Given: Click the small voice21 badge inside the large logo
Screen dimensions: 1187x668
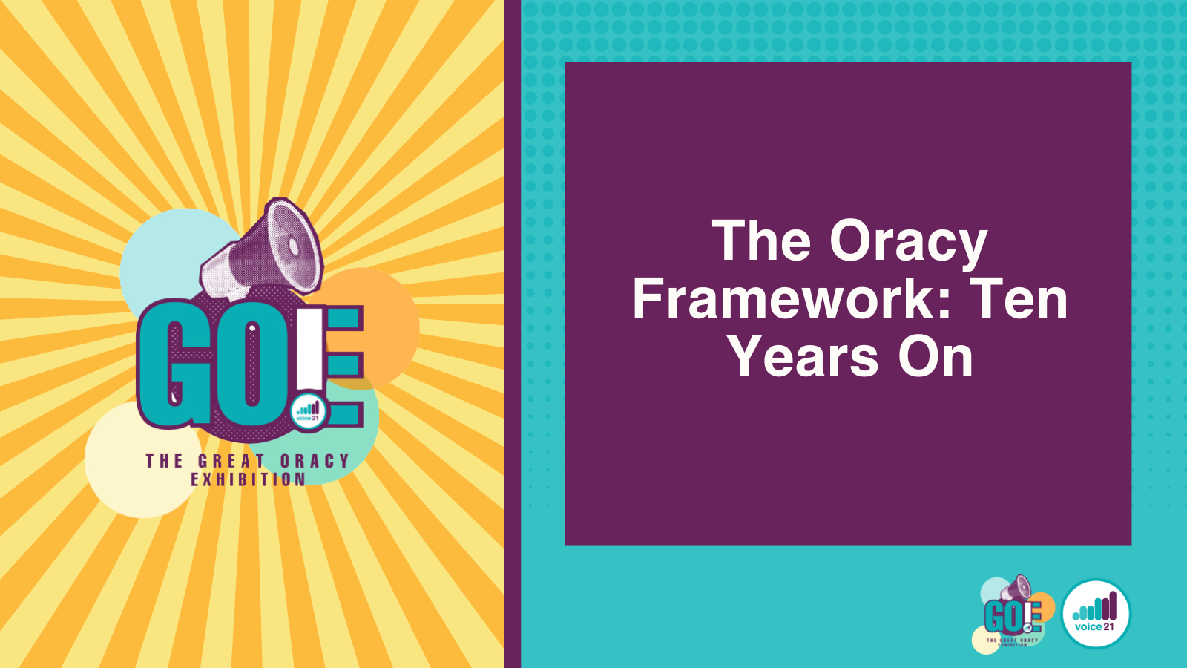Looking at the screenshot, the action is (309, 411).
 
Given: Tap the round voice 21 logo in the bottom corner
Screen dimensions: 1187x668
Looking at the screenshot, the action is (1096, 613).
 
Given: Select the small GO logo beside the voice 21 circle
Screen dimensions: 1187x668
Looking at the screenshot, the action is (1013, 613).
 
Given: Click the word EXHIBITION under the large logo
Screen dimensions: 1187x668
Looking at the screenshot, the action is (248, 479).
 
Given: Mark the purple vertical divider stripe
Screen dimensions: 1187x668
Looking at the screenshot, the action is (513, 334).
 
